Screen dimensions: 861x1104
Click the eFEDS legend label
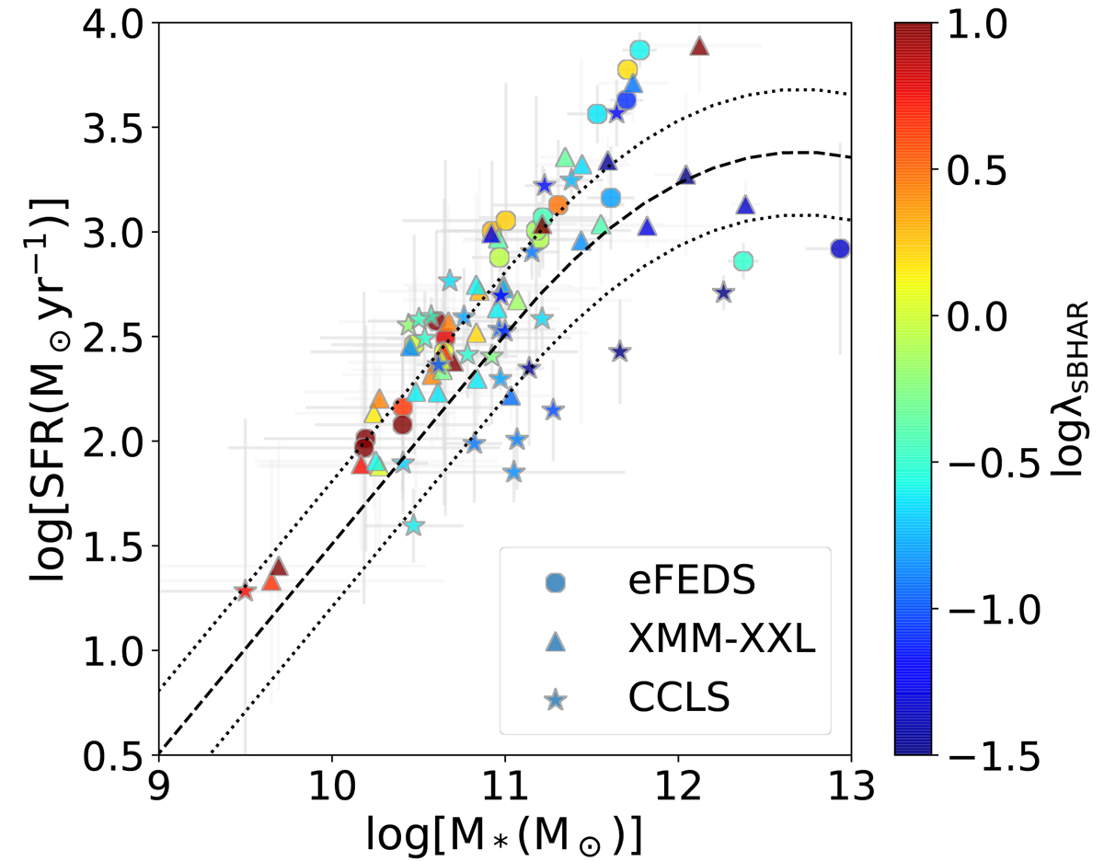pos(674,583)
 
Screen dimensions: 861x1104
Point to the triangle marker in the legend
pos(555,642)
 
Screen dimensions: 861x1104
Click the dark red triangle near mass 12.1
pos(699,46)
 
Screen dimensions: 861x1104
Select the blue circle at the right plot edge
pos(839,248)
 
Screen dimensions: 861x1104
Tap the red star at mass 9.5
pos(244,591)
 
